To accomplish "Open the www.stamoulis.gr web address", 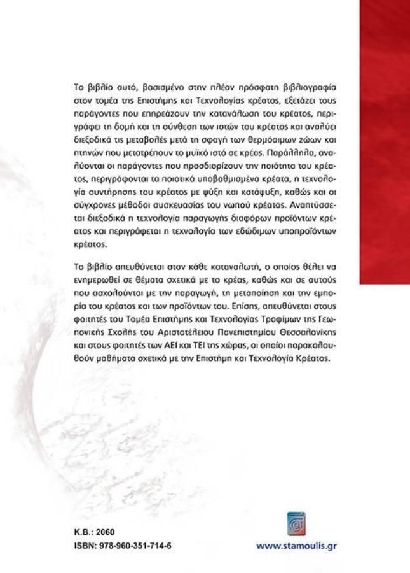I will click(x=296, y=546).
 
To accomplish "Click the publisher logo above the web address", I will click(x=296, y=522).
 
